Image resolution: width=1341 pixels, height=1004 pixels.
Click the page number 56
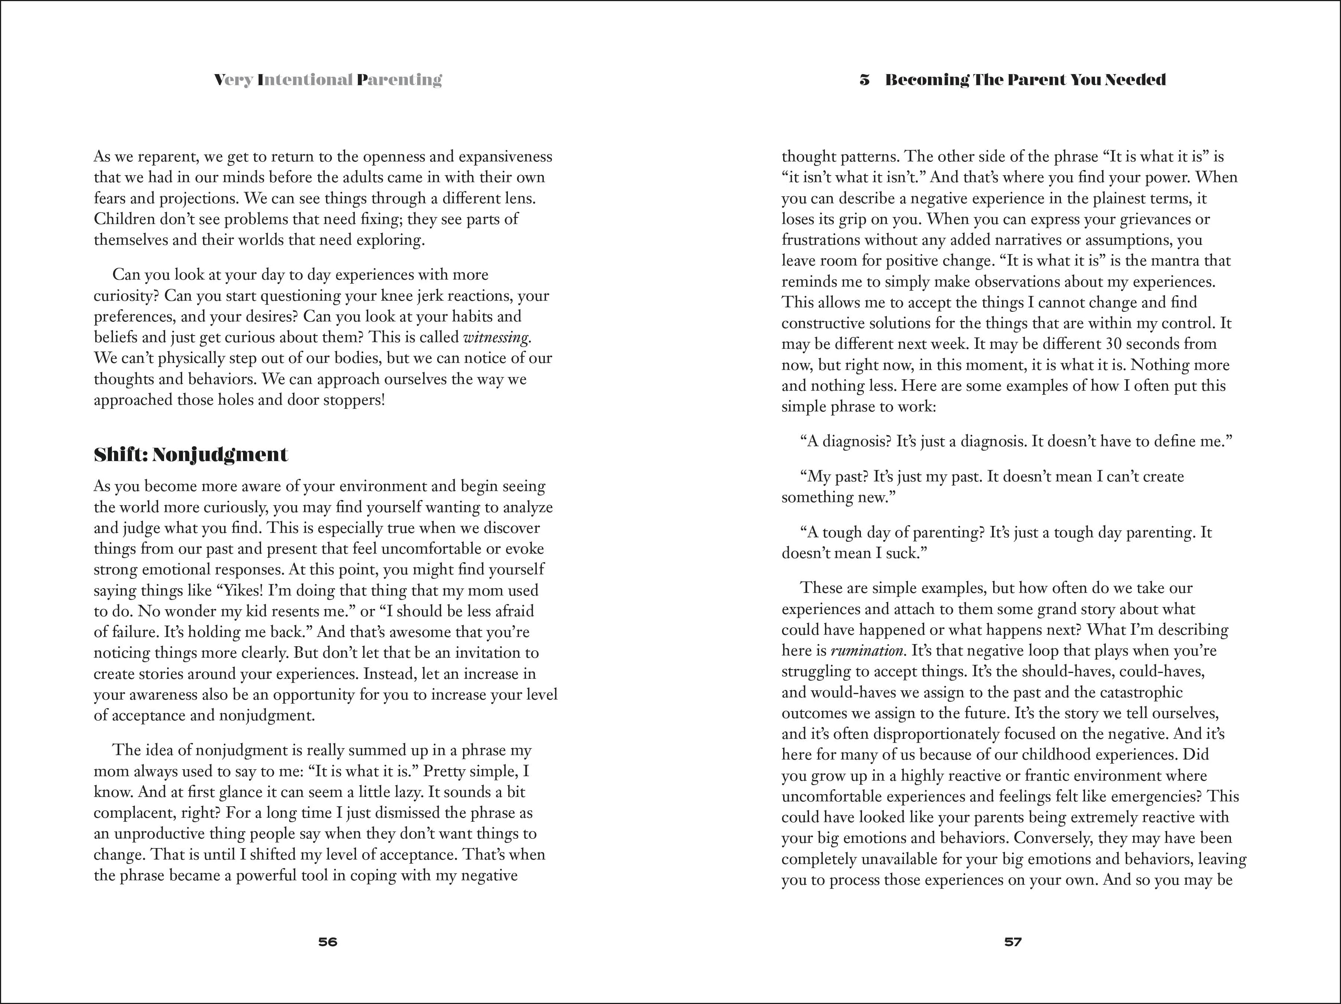tap(327, 941)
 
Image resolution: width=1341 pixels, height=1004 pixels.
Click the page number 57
tap(1013, 941)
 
